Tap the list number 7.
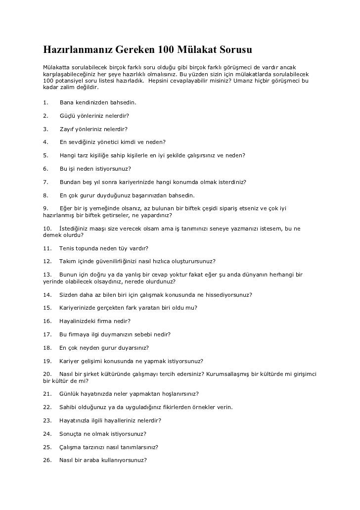tap(45, 182)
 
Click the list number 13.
tap(47, 275)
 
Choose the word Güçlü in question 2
tap(67, 116)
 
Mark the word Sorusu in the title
tap(237, 50)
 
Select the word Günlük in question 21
tap(69, 394)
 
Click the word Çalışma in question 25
tap(70, 447)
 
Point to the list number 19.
tap(47, 361)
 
